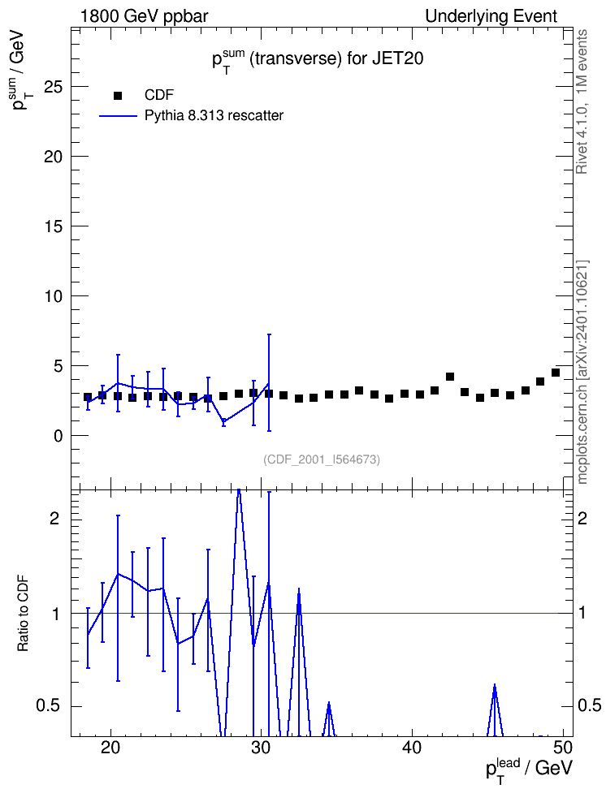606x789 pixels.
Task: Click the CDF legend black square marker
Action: [118, 96]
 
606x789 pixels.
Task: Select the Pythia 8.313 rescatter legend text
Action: [214, 116]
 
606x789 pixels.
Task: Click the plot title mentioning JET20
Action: [318, 60]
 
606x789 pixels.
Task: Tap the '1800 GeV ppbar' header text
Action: [144, 16]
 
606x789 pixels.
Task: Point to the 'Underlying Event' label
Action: [491, 16]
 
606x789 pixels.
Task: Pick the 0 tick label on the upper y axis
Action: [59, 436]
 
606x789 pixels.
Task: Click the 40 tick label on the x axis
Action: [412, 748]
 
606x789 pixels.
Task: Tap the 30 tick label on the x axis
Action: [261, 748]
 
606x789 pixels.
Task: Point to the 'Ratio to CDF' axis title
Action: [23, 613]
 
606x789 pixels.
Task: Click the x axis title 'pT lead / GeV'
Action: [529, 770]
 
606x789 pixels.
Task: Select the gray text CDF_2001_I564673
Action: [322, 459]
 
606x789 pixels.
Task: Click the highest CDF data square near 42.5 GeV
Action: [450, 377]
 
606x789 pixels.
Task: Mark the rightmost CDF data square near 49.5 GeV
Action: [556, 373]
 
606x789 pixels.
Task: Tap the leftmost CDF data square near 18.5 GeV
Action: [88, 398]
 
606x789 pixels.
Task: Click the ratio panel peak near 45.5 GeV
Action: [495, 685]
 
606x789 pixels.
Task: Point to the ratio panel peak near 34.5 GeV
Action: [328, 702]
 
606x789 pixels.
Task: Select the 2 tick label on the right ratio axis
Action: [582, 519]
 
